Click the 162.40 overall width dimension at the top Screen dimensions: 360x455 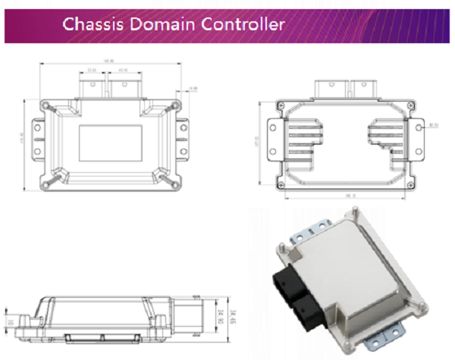point(108,61)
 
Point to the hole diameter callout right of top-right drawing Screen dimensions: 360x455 point(434,125)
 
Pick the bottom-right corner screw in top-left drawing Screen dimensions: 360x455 point(177,180)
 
